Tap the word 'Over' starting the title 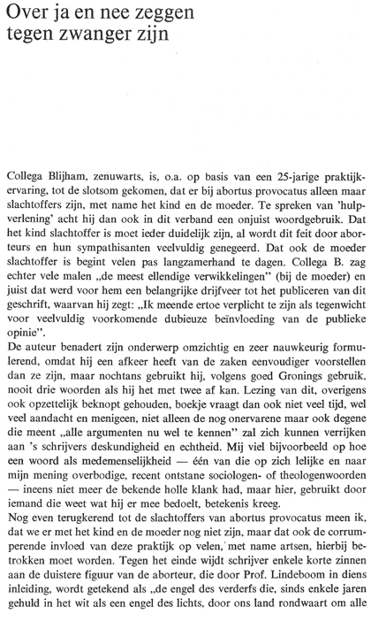click(x=27, y=14)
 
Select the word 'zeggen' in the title click(x=161, y=14)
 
